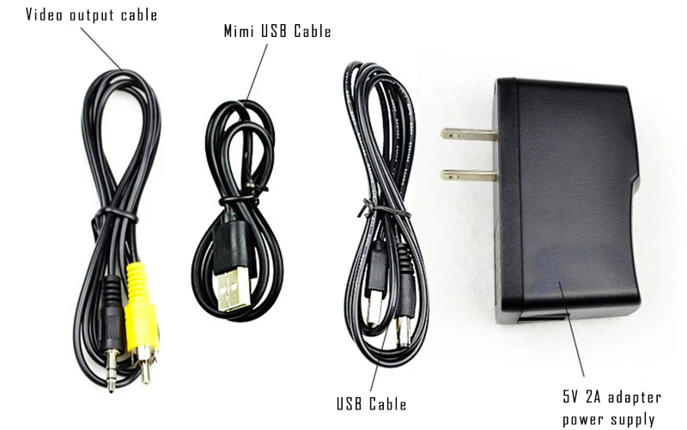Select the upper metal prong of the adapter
(468, 134)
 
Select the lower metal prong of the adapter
(468, 175)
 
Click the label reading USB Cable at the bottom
(372, 403)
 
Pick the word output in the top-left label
(88, 15)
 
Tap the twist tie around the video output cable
(116, 212)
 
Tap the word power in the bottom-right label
(582, 420)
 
